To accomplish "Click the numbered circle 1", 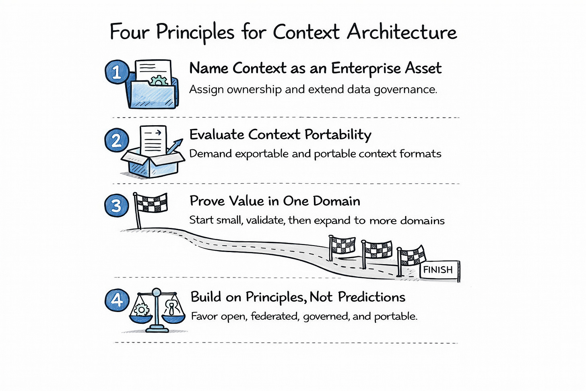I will pyautogui.click(x=117, y=72).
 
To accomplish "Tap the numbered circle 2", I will pyautogui.click(x=116, y=141).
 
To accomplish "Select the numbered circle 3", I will pyautogui.click(x=116, y=205).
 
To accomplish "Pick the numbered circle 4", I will pyautogui.click(x=117, y=300).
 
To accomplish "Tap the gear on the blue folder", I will pyautogui.click(x=159, y=81).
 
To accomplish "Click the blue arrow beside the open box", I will pyautogui.click(x=172, y=147).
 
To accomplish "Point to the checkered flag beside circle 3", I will pyautogui.click(x=150, y=203).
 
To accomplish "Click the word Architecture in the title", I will pyautogui.click(x=402, y=32).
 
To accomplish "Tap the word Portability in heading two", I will pyautogui.click(x=338, y=135).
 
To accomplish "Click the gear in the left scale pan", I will pyautogui.click(x=142, y=310).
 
